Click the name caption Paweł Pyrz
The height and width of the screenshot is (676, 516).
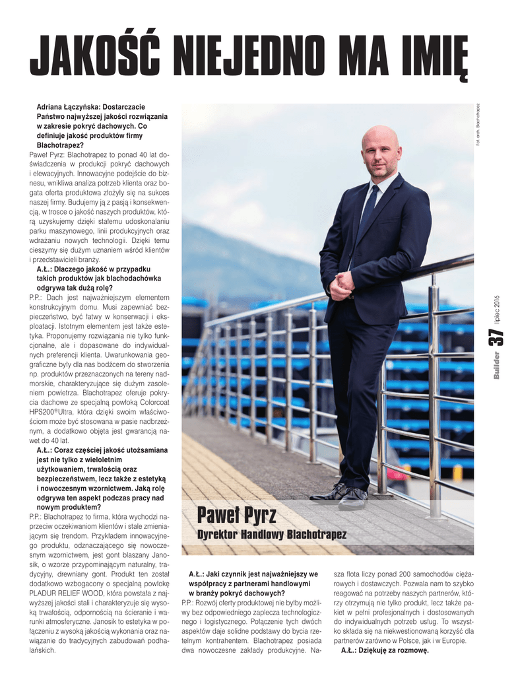[236, 514]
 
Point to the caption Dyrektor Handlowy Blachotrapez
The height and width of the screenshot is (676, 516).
[272, 534]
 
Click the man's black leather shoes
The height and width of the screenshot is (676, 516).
[343, 495]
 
